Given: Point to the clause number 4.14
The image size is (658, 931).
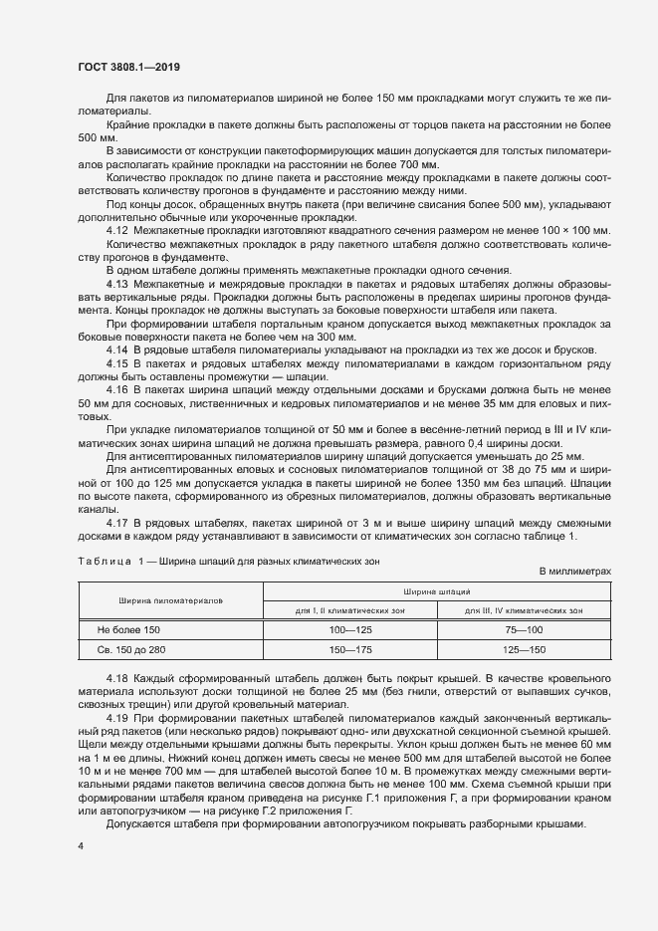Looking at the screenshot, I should [116, 349].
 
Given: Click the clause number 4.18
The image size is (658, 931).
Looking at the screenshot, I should [116, 678].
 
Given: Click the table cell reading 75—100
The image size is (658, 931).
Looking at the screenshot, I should [525, 630].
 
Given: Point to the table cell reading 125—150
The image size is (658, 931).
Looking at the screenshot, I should [525, 649].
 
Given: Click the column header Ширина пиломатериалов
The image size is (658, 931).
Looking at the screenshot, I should [170, 600].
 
